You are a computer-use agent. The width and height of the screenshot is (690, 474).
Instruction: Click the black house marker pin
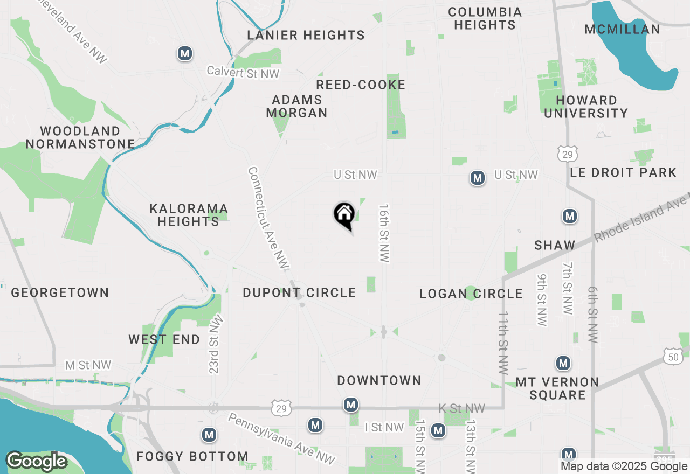pos(344,214)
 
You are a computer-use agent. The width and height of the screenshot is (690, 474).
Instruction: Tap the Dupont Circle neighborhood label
pos(299,292)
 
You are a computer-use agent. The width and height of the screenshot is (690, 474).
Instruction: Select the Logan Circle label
pos(471,294)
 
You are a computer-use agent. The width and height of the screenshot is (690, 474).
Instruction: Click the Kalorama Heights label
pos(189,215)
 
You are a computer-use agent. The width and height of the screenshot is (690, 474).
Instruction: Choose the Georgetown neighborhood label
pos(60,292)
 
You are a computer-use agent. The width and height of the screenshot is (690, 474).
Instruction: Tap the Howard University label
pos(586,107)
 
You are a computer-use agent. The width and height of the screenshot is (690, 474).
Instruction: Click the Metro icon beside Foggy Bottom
pos(209,435)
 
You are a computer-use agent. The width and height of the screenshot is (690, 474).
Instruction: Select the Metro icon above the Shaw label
pos(569,216)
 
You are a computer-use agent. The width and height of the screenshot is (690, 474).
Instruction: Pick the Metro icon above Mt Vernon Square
pos(563,364)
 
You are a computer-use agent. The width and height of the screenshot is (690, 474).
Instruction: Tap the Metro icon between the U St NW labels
pos(477,178)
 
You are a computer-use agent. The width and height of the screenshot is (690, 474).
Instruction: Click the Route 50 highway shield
pos(673,356)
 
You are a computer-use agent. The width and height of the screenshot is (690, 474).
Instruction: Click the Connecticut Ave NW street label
pos(268,218)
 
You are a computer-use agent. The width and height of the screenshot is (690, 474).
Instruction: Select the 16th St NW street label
pos(384,233)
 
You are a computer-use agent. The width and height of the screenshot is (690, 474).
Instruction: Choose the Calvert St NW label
pos(243,73)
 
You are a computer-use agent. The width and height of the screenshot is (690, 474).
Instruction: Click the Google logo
pos(36,461)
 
